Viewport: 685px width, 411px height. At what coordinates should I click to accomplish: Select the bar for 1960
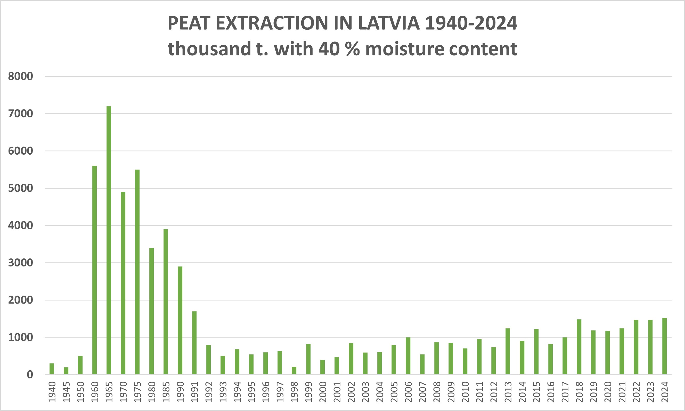click(x=95, y=270)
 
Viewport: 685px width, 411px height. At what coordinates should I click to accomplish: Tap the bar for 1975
click(x=137, y=272)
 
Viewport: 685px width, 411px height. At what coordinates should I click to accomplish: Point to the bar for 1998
click(x=294, y=371)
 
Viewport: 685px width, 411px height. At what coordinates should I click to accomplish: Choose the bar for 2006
click(x=408, y=356)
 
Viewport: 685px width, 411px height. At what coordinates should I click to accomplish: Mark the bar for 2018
click(x=579, y=347)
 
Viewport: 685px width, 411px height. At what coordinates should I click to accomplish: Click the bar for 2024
click(x=664, y=346)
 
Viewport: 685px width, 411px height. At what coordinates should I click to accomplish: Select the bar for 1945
click(x=66, y=371)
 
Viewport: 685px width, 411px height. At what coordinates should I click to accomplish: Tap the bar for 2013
click(x=508, y=351)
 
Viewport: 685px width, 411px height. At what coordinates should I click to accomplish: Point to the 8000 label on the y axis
click(x=21, y=76)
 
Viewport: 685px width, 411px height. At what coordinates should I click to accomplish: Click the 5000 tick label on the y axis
click(x=21, y=188)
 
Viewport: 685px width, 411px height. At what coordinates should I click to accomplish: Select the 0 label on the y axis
click(x=30, y=375)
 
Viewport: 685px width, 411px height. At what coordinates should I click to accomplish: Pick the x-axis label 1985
click(x=166, y=392)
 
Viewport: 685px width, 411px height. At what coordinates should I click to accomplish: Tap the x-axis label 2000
click(x=322, y=392)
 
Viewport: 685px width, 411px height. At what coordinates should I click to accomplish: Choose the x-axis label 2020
click(x=607, y=392)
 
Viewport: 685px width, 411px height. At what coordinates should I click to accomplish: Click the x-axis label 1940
click(x=52, y=392)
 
